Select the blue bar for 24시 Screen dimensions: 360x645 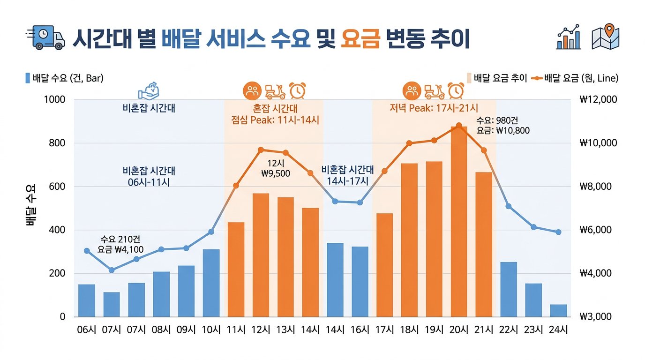(558, 310)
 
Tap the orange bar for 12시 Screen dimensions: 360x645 (261, 255)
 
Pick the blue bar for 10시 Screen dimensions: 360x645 (211, 283)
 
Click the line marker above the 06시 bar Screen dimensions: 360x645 (87, 251)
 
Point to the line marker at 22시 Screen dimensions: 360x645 (509, 206)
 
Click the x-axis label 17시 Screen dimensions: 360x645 (384, 330)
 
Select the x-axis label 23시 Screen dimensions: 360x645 (533, 330)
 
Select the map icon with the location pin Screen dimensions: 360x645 (606, 37)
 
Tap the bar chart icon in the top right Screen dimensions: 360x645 (569, 37)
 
